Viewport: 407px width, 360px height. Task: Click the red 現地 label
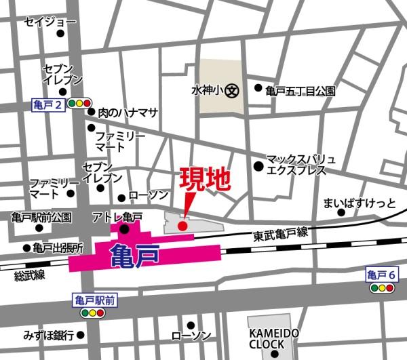click(x=206, y=180)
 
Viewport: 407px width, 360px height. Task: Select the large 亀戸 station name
click(x=135, y=256)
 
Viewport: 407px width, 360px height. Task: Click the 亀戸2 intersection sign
click(x=49, y=104)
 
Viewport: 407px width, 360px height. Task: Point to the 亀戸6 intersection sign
click(x=381, y=275)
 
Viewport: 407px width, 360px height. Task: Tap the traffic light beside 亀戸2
click(x=81, y=104)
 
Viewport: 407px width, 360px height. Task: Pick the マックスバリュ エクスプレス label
click(x=301, y=165)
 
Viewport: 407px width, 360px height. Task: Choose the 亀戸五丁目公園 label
click(x=301, y=89)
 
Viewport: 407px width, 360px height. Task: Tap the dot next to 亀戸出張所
click(x=27, y=248)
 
